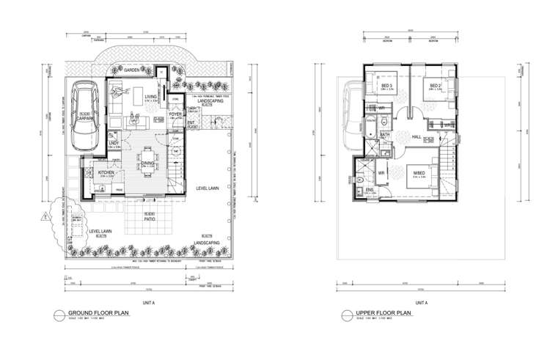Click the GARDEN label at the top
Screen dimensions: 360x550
(x=132, y=70)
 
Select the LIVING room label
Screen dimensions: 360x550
(x=150, y=96)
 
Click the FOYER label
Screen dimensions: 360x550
(x=175, y=114)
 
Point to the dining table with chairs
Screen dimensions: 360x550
(x=147, y=158)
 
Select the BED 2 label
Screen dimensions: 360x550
(x=434, y=86)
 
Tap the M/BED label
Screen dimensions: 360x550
(x=419, y=174)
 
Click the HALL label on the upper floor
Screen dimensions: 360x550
(x=415, y=137)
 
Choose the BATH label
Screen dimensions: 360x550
(x=384, y=134)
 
